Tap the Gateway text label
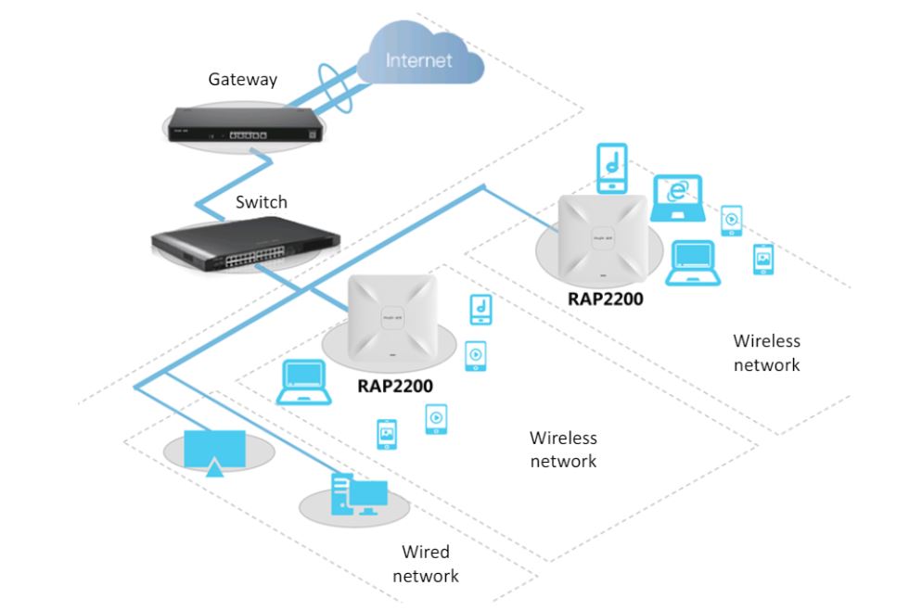coord(243,80)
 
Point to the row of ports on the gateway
coord(248,135)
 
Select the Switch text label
coord(262,202)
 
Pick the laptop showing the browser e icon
coord(677,198)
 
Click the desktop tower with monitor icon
coord(359,494)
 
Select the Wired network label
coord(426,564)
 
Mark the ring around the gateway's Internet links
coord(335,87)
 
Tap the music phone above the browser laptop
coord(612,168)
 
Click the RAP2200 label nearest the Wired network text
coord(395,386)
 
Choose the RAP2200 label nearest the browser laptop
coord(606,299)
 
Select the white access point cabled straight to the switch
coord(392,318)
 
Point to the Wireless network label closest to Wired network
coord(563,450)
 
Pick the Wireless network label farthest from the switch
coord(767,353)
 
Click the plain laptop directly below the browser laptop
coord(693,262)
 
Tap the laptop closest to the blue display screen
coord(304,383)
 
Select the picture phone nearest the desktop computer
coord(387,434)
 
